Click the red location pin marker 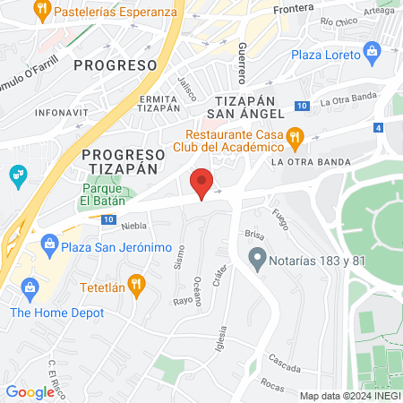202,184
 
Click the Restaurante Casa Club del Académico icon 300,136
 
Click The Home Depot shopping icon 30,287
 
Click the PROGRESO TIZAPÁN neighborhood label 120,160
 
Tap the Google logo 30,391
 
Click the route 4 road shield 379,128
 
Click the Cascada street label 284,367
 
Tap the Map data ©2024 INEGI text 348,396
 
